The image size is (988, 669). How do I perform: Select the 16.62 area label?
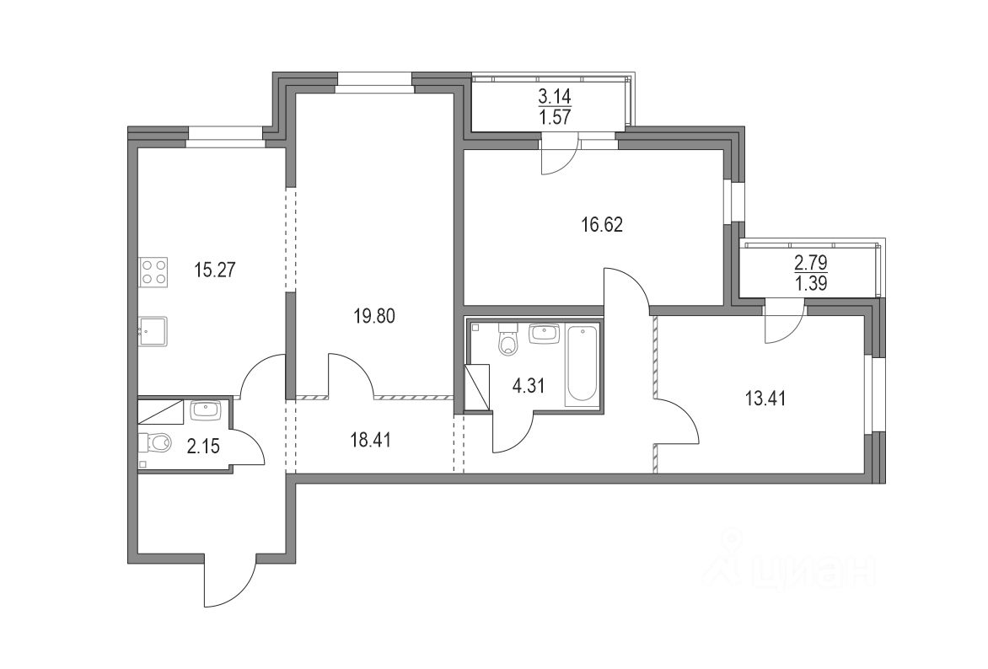(x=601, y=225)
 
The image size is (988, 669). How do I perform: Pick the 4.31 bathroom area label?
(x=529, y=388)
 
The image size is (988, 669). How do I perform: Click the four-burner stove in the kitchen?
(x=153, y=272)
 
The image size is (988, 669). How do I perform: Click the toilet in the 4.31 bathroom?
(x=507, y=341)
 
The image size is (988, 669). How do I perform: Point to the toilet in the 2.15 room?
(x=156, y=441)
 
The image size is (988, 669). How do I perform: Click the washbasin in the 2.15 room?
(x=205, y=410)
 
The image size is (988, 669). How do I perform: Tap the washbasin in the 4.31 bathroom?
(x=544, y=334)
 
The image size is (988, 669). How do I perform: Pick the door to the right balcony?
(x=784, y=324)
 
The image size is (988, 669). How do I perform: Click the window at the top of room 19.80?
(x=374, y=79)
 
